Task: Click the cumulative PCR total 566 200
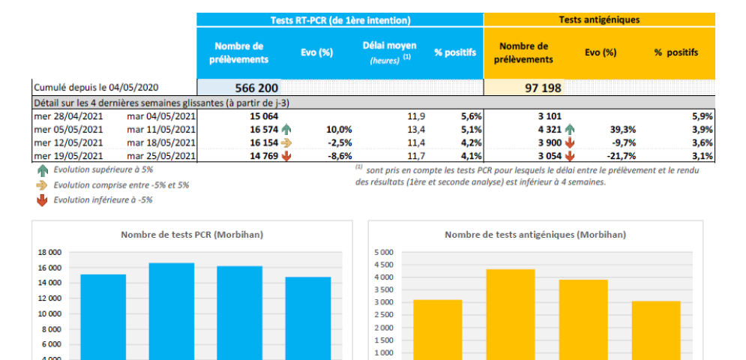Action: (257, 88)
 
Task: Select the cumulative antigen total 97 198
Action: (543, 88)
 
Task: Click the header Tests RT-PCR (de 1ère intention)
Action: (340, 20)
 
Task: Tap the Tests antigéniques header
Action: (599, 20)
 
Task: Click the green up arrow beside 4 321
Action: (570, 129)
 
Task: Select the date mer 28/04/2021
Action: (66, 116)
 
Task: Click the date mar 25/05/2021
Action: (160, 156)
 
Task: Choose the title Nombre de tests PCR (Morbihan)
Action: (192, 235)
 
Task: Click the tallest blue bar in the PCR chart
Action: (172, 310)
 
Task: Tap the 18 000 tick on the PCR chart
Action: (49, 253)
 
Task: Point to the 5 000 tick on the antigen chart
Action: (383, 253)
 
